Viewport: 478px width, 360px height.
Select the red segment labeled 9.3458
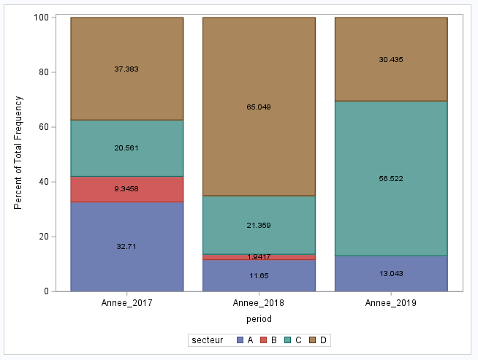tap(126, 189)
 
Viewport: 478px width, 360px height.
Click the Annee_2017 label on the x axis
tap(126, 302)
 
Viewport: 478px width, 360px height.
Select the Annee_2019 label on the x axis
tap(390, 302)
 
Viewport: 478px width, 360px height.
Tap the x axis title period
tap(259, 318)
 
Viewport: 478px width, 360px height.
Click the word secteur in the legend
tap(207, 340)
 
